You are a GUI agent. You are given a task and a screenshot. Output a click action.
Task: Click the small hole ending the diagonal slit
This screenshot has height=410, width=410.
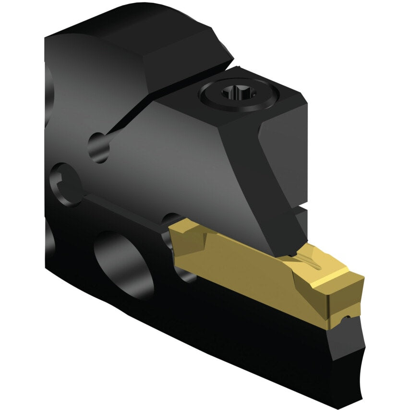click(x=98, y=147)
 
